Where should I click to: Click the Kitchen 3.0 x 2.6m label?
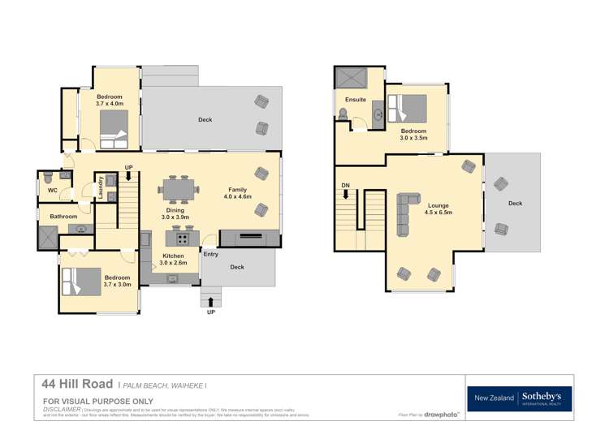(173, 260)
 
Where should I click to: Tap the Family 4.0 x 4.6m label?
(238, 193)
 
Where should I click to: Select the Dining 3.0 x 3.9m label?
(175, 213)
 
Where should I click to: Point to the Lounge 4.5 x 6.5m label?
(438, 209)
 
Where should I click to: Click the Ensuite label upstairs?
(356, 100)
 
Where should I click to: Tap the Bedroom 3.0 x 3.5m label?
(413, 135)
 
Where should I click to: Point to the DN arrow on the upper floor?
(345, 191)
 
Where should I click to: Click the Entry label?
(211, 255)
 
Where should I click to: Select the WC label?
(52, 191)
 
